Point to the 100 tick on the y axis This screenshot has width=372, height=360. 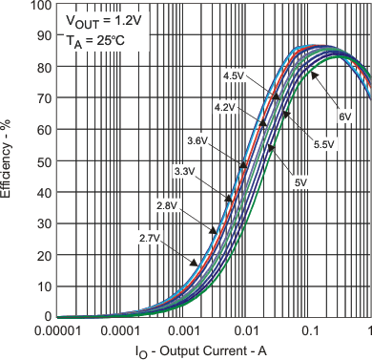[39, 5]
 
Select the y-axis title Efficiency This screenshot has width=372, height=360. [9, 160]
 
